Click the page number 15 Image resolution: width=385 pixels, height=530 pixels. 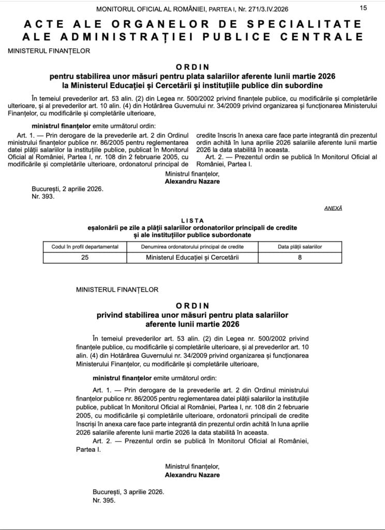point(363,8)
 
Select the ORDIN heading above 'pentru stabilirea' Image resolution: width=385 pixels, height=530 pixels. point(192,67)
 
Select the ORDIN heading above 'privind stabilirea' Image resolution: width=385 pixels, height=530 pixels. point(192,306)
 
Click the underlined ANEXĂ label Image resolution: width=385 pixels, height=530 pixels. point(333,208)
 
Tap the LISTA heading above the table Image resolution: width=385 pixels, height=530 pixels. point(192,220)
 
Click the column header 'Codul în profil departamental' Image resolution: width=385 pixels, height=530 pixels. point(85,247)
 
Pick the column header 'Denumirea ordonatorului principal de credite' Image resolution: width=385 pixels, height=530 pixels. point(192,247)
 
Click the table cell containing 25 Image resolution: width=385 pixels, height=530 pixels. point(85,257)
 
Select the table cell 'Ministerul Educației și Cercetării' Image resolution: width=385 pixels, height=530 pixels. point(192,257)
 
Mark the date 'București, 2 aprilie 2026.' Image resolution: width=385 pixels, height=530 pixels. point(67,189)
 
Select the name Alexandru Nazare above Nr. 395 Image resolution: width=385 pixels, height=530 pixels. point(192,475)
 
